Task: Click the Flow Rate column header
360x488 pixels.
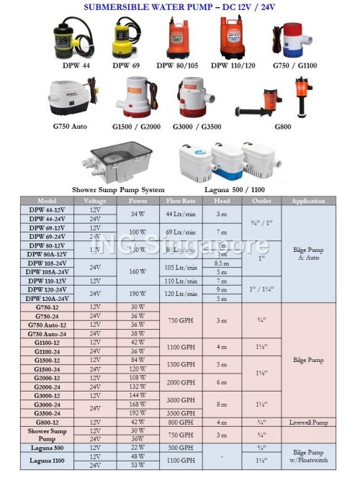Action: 180,201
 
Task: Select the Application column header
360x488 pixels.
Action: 309,201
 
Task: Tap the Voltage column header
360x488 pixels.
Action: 95,201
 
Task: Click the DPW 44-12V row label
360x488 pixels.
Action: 47,209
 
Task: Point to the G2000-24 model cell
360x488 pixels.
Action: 47,387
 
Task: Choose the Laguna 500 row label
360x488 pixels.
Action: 47,448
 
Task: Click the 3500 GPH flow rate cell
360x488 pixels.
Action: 180,413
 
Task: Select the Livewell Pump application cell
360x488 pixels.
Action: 309,422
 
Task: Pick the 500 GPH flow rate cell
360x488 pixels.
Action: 180,448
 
